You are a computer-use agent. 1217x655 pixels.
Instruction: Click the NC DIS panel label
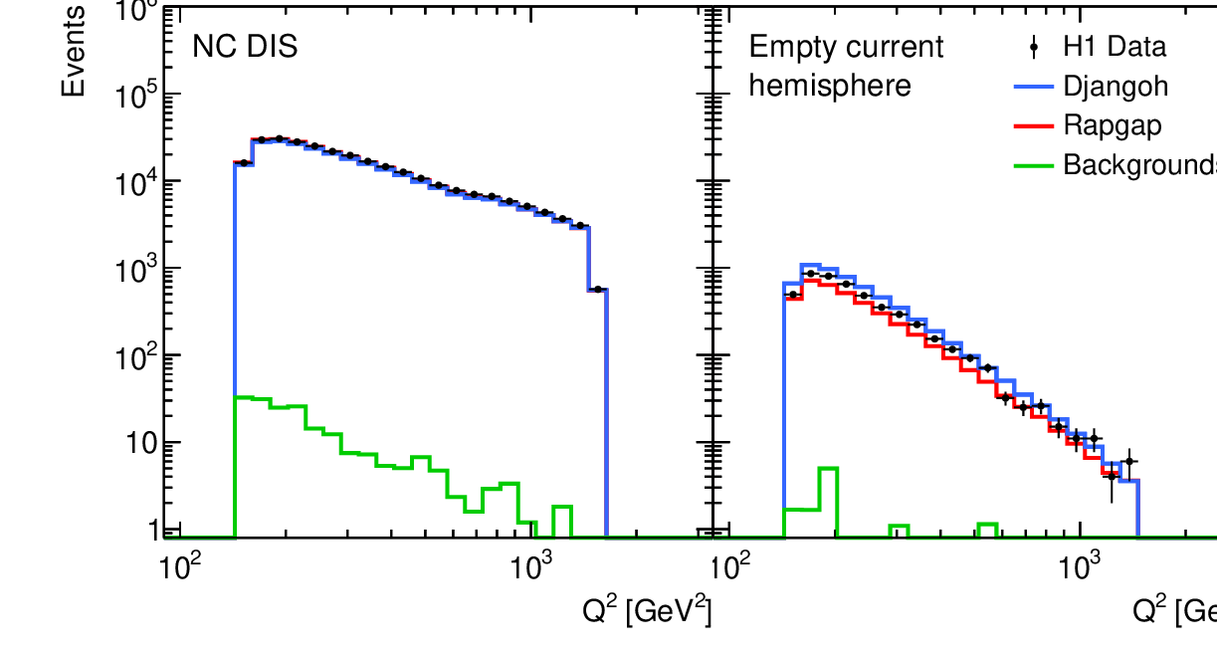pos(244,47)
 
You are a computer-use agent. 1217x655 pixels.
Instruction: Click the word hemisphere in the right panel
pos(829,86)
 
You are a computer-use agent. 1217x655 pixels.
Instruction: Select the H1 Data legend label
pos(1115,47)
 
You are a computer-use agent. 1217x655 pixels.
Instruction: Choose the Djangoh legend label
pos(1116,86)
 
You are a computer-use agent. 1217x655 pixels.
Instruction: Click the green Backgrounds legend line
pos(1034,164)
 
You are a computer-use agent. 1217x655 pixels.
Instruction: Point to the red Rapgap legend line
pos(1034,125)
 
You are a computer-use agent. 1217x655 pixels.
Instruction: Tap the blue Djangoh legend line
pos(1034,87)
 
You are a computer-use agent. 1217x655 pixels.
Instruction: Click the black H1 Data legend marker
pos(1034,47)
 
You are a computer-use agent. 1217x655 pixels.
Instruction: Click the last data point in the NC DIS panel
pos(597,290)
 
